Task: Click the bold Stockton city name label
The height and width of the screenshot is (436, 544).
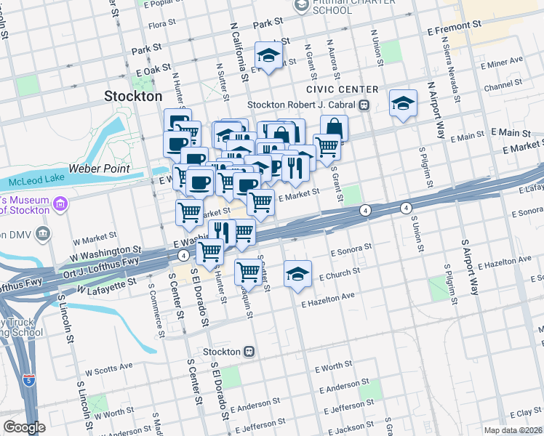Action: point(133,96)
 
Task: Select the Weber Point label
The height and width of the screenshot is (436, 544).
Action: point(99,169)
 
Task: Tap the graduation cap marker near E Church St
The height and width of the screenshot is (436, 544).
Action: point(297,274)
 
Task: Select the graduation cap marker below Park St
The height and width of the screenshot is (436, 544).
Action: point(268,55)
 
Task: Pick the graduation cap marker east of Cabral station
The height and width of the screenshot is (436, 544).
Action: point(402,102)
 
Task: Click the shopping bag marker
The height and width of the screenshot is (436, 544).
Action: point(334,127)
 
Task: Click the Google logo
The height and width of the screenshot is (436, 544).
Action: point(24,427)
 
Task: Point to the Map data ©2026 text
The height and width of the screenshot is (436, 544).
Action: point(513,430)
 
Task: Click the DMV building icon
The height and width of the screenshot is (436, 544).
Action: point(43,233)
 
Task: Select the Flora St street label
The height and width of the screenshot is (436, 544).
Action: point(157,25)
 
